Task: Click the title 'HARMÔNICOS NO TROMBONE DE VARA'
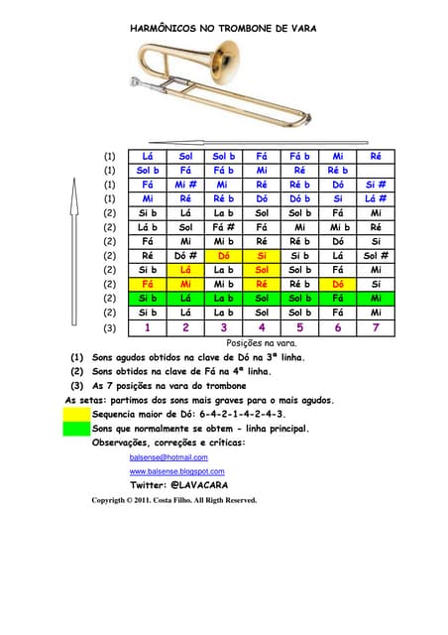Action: coord(223,30)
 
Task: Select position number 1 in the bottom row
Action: coord(148,326)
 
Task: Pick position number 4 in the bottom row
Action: coord(262,326)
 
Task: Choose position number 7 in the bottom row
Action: coord(376,326)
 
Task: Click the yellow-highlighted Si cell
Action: coord(262,255)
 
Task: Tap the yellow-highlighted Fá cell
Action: coord(148,284)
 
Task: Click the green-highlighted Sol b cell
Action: coord(299,298)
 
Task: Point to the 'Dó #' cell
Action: coord(185,255)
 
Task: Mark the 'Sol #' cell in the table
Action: coord(376,255)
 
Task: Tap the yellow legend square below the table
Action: coord(75,414)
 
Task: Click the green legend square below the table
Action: coord(75,429)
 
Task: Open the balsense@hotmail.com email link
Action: coord(168,457)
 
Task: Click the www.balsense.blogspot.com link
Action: coord(177,471)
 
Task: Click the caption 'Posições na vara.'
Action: coord(262,342)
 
